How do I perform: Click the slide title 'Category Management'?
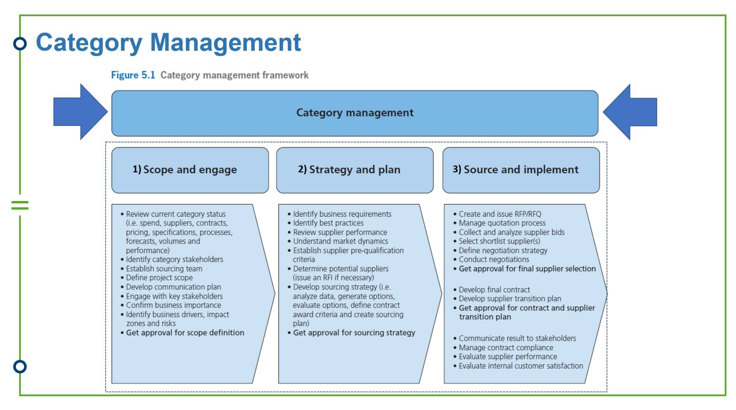click(168, 43)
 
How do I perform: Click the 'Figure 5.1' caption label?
click(133, 75)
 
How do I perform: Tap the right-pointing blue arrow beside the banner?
click(80, 112)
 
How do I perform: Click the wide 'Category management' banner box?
click(355, 113)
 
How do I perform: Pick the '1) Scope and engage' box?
click(190, 170)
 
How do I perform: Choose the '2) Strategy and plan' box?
click(354, 170)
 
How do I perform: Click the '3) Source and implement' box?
click(521, 170)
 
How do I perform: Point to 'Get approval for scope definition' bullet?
click(185, 333)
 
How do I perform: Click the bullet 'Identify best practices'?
click(328, 223)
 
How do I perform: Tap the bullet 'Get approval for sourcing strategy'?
click(354, 333)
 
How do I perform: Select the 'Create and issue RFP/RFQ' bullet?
click(500, 214)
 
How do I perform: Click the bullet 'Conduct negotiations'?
click(494, 260)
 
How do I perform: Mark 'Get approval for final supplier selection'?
click(527, 269)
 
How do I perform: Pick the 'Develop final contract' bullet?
click(494, 290)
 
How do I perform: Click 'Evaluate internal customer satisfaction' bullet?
click(521, 366)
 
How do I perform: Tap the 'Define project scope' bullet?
click(159, 278)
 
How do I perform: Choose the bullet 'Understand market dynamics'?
click(340, 241)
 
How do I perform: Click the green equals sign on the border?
click(20, 205)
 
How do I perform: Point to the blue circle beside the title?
click(20, 43)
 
